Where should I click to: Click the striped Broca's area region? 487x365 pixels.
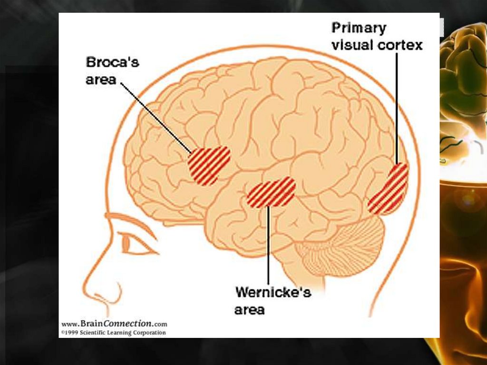[209, 165]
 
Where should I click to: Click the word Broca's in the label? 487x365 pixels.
[112, 62]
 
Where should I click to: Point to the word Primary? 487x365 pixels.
[359, 28]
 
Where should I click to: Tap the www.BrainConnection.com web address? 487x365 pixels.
[114, 324]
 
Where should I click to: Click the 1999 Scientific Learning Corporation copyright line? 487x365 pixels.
[114, 332]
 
